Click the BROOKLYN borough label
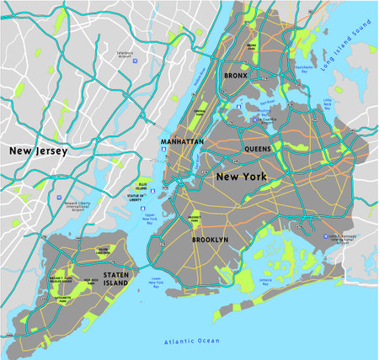click(x=210, y=240)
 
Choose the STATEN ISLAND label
click(x=115, y=279)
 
